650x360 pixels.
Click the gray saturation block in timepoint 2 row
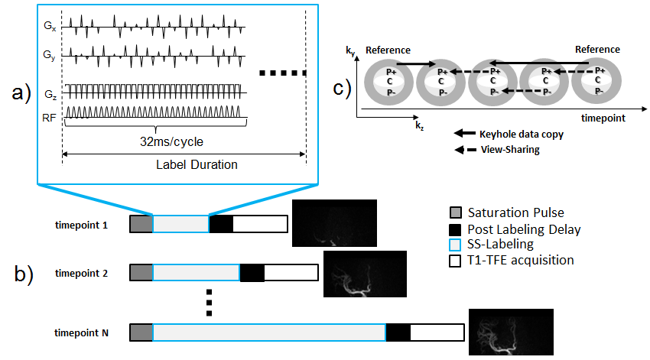point(141,273)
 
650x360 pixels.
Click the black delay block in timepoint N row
point(398,332)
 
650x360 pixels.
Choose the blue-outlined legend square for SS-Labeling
point(455,245)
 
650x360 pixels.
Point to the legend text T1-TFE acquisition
point(523,260)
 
